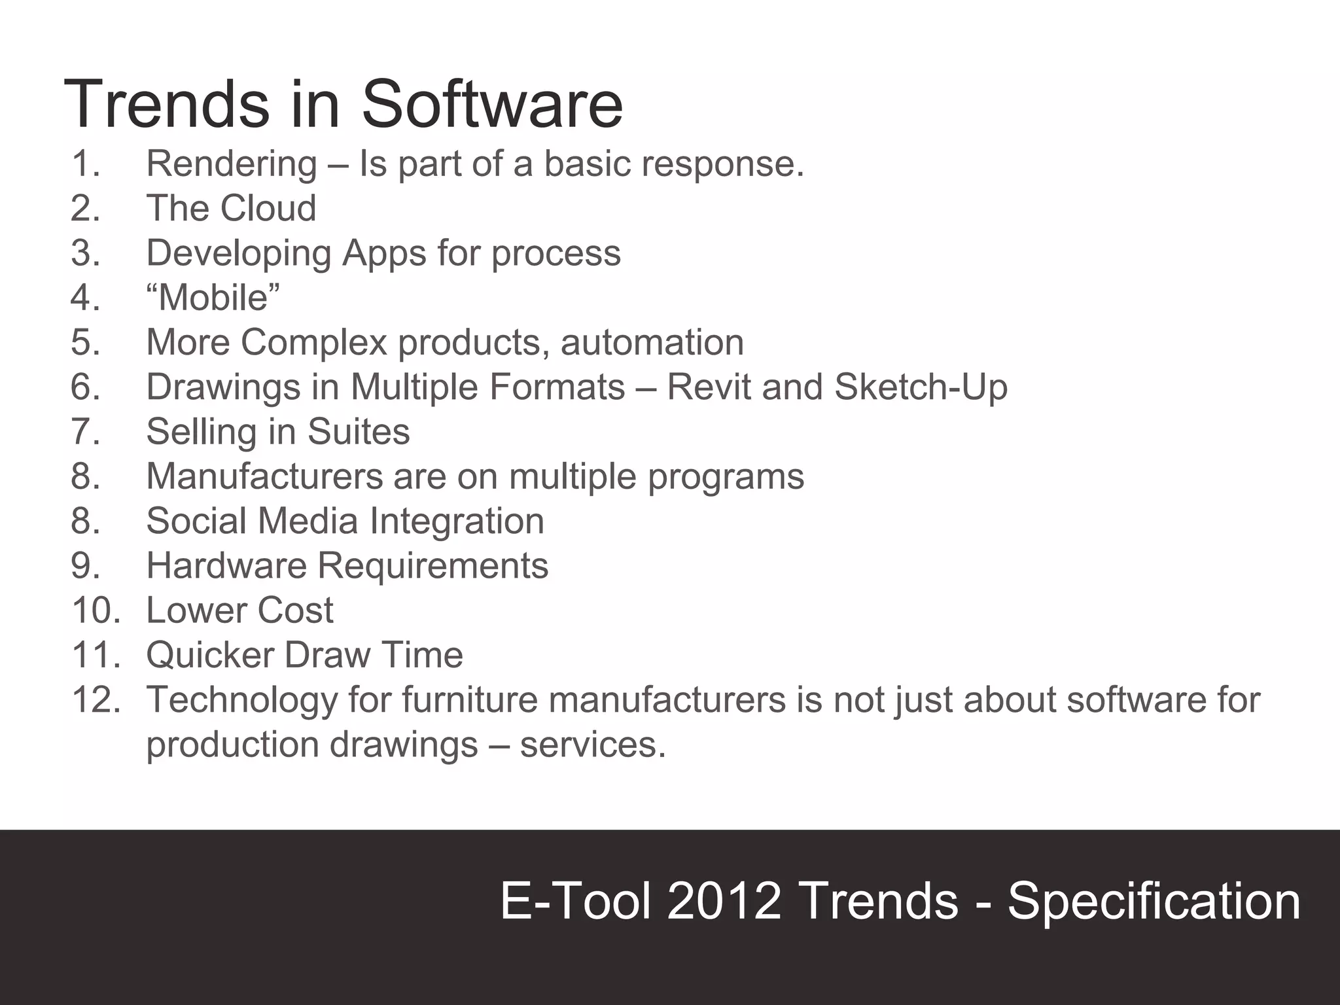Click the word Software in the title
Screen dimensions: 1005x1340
(492, 105)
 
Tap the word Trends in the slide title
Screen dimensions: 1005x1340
(166, 105)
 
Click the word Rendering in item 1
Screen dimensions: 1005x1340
(231, 164)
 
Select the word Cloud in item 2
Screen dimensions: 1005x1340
(268, 208)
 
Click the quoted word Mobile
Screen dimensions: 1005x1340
(213, 298)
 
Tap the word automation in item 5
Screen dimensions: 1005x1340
(652, 342)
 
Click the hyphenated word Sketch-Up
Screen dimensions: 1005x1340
(921, 387)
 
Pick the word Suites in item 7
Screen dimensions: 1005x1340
(359, 432)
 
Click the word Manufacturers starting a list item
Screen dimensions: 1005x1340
(264, 476)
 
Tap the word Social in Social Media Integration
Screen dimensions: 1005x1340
(196, 521)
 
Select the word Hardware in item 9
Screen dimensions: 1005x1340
(226, 565)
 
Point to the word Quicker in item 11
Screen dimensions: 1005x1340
(209, 655)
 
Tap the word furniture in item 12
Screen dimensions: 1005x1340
(470, 699)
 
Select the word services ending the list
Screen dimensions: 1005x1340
(592, 745)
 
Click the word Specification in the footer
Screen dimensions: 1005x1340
(1154, 902)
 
